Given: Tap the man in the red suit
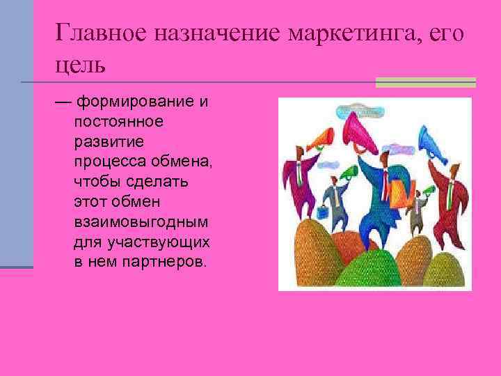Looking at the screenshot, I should (450, 191).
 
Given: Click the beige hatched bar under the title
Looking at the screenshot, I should (425, 82).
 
